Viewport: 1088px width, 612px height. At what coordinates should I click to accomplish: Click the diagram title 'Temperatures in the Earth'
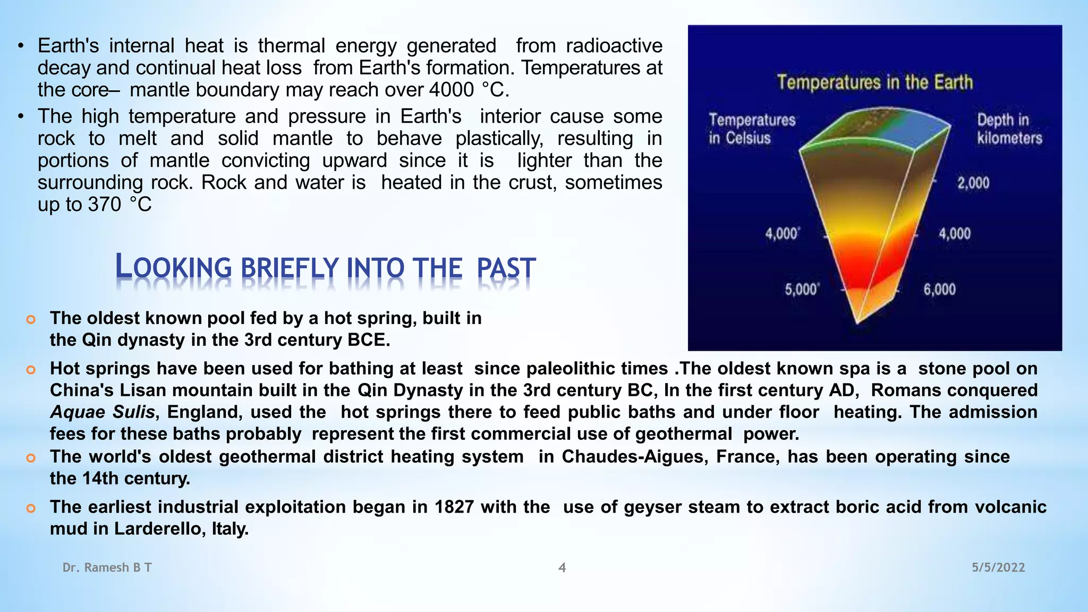pos(875,82)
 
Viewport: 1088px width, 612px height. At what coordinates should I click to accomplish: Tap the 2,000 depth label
pos(973,183)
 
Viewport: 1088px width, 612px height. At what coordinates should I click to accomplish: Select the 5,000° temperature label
pos(802,290)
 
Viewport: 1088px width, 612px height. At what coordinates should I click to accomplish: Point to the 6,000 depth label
pos(939,290)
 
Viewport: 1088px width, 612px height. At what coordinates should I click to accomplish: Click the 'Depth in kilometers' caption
pos(1009,129)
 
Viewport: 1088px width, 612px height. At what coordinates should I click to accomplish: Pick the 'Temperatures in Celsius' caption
pos(752,129)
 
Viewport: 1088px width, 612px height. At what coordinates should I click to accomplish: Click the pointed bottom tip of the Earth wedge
pos(857,320)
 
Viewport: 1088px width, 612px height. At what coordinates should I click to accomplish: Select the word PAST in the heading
pos(506,268)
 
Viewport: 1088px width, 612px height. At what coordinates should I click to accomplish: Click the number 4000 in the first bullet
pos(451,90)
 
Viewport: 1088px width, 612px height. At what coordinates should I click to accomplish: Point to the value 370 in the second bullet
pos(105,205)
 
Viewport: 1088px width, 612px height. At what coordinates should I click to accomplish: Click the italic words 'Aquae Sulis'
pos(103,412)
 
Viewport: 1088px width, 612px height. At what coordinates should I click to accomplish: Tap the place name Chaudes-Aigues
pos(635,457)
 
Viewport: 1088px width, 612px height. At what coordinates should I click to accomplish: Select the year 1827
pos(454,507)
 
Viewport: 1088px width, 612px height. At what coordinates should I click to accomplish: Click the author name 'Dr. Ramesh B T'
pos(107,567)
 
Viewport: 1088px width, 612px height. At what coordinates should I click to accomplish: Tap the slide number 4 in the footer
pos(562,567)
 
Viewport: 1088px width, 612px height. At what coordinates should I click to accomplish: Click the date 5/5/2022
pos(998,567)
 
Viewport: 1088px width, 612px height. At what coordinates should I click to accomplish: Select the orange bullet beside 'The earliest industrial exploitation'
pos(31,508)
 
